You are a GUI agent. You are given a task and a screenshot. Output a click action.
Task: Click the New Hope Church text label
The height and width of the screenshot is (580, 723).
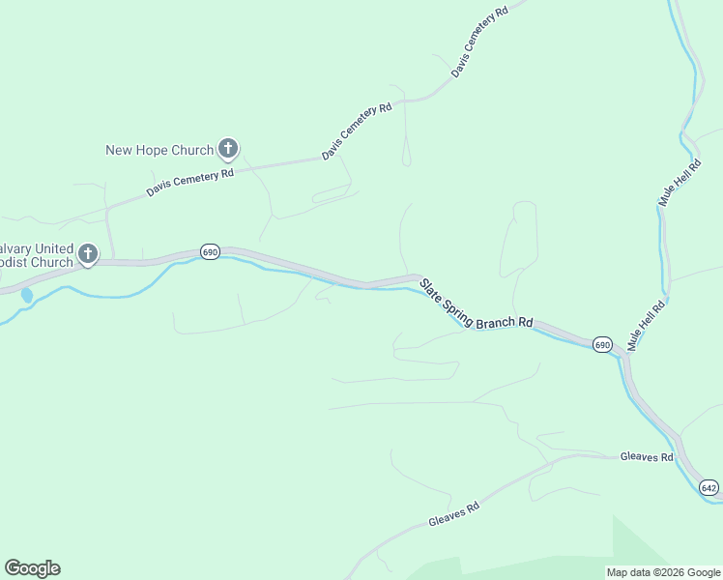159,150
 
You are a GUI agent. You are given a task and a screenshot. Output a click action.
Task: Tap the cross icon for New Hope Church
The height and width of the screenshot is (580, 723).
228,149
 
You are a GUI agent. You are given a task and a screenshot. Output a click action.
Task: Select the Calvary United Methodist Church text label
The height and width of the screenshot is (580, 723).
37,255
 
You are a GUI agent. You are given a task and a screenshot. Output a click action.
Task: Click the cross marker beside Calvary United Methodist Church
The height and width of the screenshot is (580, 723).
88,254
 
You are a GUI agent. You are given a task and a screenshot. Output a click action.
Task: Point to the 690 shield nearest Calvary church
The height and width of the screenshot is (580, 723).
210,251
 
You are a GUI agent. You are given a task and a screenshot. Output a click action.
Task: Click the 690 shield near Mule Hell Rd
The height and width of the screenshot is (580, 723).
602,344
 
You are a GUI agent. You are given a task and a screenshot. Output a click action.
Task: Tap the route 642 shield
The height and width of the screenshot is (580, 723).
709,487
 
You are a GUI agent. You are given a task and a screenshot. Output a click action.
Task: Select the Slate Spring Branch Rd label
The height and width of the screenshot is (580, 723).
477,302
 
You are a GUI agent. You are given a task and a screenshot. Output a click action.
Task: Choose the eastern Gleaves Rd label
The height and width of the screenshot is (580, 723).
647,456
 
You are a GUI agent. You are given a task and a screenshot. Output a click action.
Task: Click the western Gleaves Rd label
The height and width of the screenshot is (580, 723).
454,513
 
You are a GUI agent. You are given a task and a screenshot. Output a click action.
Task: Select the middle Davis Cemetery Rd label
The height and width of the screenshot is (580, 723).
357,131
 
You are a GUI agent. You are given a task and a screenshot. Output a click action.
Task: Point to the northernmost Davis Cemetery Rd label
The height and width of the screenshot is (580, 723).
479,43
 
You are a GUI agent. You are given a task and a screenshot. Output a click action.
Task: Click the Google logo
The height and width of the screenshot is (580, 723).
32,568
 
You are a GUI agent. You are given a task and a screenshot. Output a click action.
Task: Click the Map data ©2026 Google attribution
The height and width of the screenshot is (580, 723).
663,572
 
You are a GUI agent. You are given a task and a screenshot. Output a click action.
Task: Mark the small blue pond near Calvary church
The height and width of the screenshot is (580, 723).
26,294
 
